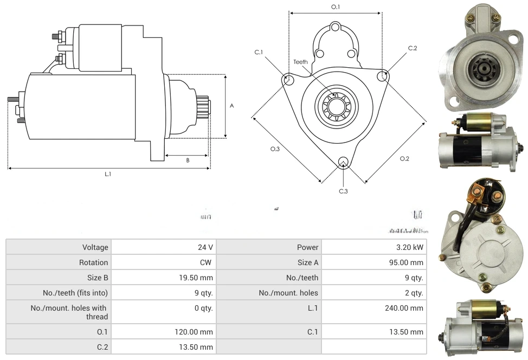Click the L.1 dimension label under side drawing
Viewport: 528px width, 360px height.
[x=108, y=174]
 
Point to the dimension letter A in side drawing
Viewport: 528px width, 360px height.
[x=231, y=106]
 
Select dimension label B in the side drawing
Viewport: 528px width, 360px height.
[x=188, y=160]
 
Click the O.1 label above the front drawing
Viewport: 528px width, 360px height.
[x=336, y=7]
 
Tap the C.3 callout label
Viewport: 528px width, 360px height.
[x=343, y=191]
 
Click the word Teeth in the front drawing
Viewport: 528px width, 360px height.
[x=300, y=62]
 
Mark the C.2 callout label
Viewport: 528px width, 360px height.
[x=413, y=48]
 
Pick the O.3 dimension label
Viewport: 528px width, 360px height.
[x=275, y=149]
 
